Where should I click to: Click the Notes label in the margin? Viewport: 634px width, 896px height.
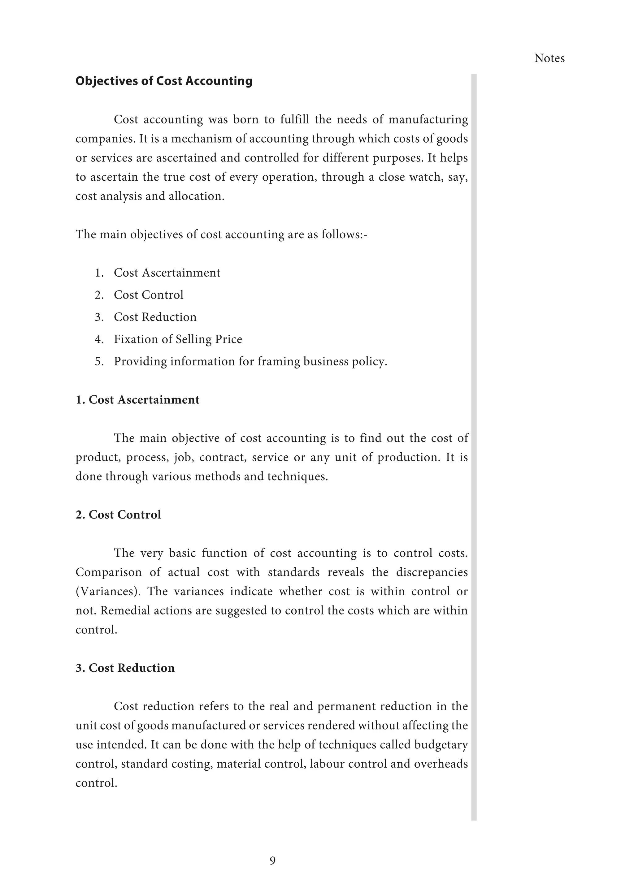coord(549,58)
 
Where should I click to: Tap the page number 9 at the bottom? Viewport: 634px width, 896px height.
coord(272,860)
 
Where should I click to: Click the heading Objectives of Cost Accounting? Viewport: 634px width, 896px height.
coord(163,81)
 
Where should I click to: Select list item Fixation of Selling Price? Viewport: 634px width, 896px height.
coord(178,339)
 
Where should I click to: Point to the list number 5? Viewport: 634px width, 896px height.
coord(99,361)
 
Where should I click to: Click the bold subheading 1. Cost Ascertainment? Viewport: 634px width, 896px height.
coord(137,400)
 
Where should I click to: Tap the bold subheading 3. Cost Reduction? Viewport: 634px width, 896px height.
coord(125,668)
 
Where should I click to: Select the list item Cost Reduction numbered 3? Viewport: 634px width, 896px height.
coord(155,317)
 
